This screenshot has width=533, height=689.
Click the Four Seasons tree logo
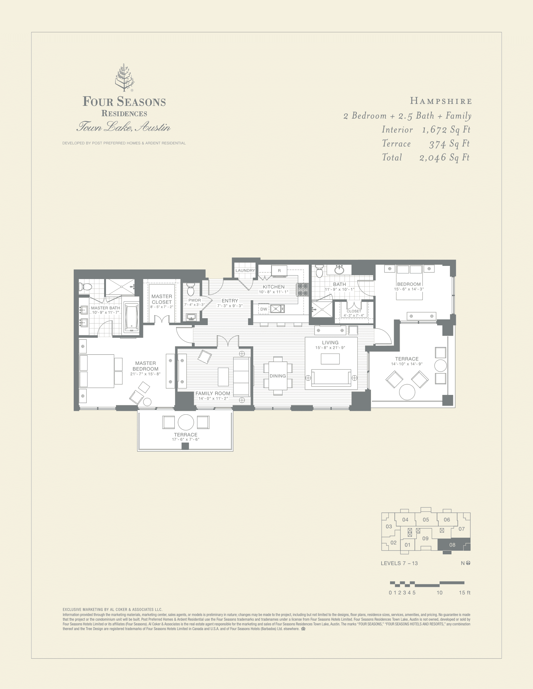[x=124, y=78]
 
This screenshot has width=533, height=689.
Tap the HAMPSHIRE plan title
[x=441, y=101]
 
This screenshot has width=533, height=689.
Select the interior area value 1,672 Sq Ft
[x=446, y=130]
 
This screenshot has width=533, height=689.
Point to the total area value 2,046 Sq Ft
[x=444, y=158]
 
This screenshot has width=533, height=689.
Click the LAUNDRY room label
[x=245, y=271]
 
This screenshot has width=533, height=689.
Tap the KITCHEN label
[x=274, y=287]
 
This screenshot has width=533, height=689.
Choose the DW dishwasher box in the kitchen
[x=264, y=309]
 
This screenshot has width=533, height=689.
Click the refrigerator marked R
[x=279, y=271]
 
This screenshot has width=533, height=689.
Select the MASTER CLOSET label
[x=162, y=299]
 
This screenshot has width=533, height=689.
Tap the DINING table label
[x=277, y=376]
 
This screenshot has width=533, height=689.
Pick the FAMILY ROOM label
[x=213, y=393]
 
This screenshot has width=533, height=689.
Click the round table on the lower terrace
[x=186, y=422]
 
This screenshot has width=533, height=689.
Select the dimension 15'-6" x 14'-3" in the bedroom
[x=409, y=289]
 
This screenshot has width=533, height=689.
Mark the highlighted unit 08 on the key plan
[x=452, y=545]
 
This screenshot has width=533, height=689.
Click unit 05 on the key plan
[x=426, y=520]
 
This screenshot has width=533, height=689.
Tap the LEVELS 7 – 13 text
[x=399, y=563]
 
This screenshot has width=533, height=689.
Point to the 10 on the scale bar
[x=440, y=593]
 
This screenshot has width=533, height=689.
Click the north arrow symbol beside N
[x=468, y=563]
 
